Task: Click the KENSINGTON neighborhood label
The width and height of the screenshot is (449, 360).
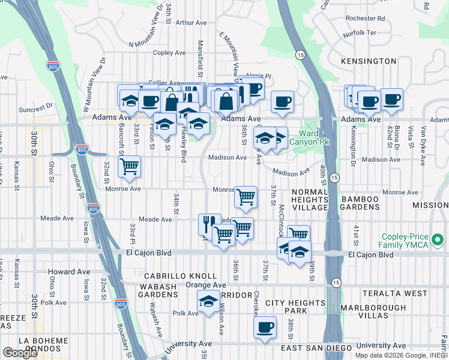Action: (369, 61)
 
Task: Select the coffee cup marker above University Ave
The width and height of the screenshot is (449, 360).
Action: (265, 328)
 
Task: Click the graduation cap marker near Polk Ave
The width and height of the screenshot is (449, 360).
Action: (208, 301)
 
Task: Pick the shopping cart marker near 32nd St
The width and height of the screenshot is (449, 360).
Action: (129, 167)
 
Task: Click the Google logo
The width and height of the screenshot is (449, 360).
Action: (20, 353)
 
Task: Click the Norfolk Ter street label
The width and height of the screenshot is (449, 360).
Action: (359, 33)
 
